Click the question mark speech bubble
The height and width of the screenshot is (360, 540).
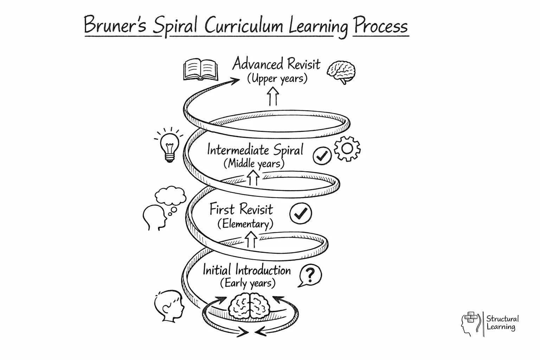[310, 275]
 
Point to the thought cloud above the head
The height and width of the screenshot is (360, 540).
[171, 196]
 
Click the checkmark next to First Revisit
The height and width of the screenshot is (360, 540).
[301, 213]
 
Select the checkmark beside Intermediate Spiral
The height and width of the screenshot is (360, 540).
[322, 156]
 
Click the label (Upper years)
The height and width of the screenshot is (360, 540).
[277, 78]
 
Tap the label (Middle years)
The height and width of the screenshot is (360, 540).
[254, 163]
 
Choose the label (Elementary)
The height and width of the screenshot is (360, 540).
[245, 224]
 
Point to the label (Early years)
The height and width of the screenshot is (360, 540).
[247, 283]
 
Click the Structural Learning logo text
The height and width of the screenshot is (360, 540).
[502, 323]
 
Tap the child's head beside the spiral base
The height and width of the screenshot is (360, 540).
[169, 305]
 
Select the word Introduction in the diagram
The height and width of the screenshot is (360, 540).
[263, 270]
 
